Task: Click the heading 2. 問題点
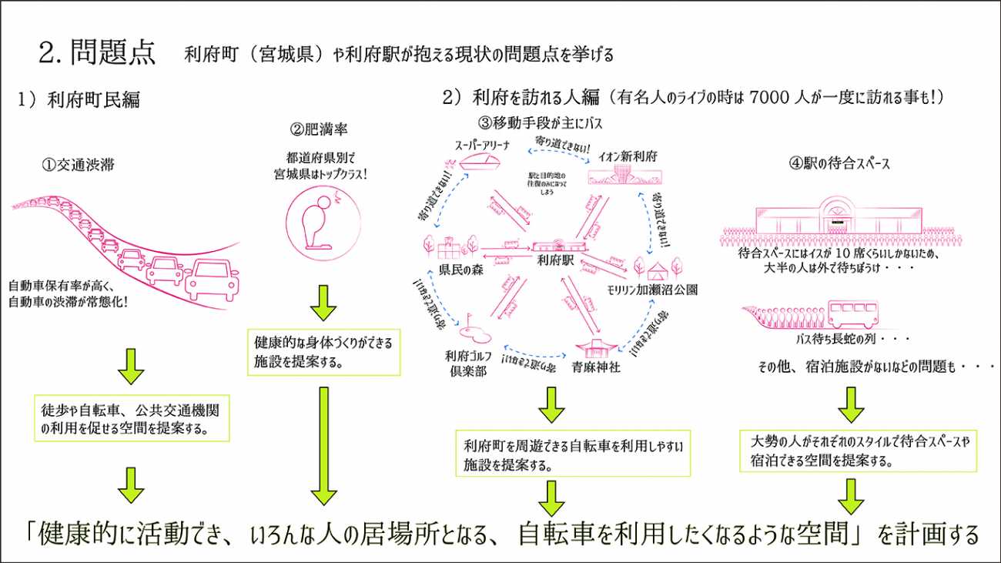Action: click(x=97, y=52)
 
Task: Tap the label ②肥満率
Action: click(x=313, y=129)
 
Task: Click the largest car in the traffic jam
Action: click(x=213, y=279)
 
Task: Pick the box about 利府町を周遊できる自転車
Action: click(x=573, y=454)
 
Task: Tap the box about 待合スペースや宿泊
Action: click(x=859, y=451)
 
